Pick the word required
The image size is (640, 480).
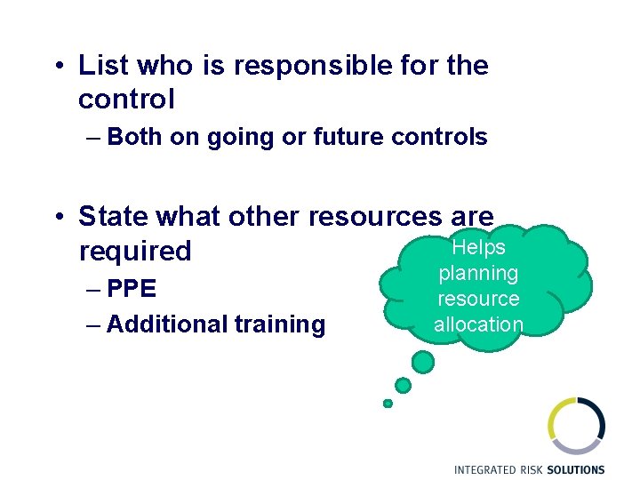(x=135, y=252)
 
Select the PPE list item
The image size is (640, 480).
(x=132, y=290)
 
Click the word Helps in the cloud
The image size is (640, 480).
(x=478, y=248)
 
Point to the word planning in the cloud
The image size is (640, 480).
(x=478, y=274)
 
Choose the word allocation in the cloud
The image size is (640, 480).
(x=478, y=324)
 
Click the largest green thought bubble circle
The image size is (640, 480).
(x=424, y=362)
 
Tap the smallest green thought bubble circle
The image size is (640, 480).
(x=388, y=404)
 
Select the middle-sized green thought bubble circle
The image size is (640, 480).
(x=404, y=385)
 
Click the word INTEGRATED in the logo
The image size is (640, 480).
(x=489, y=469)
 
